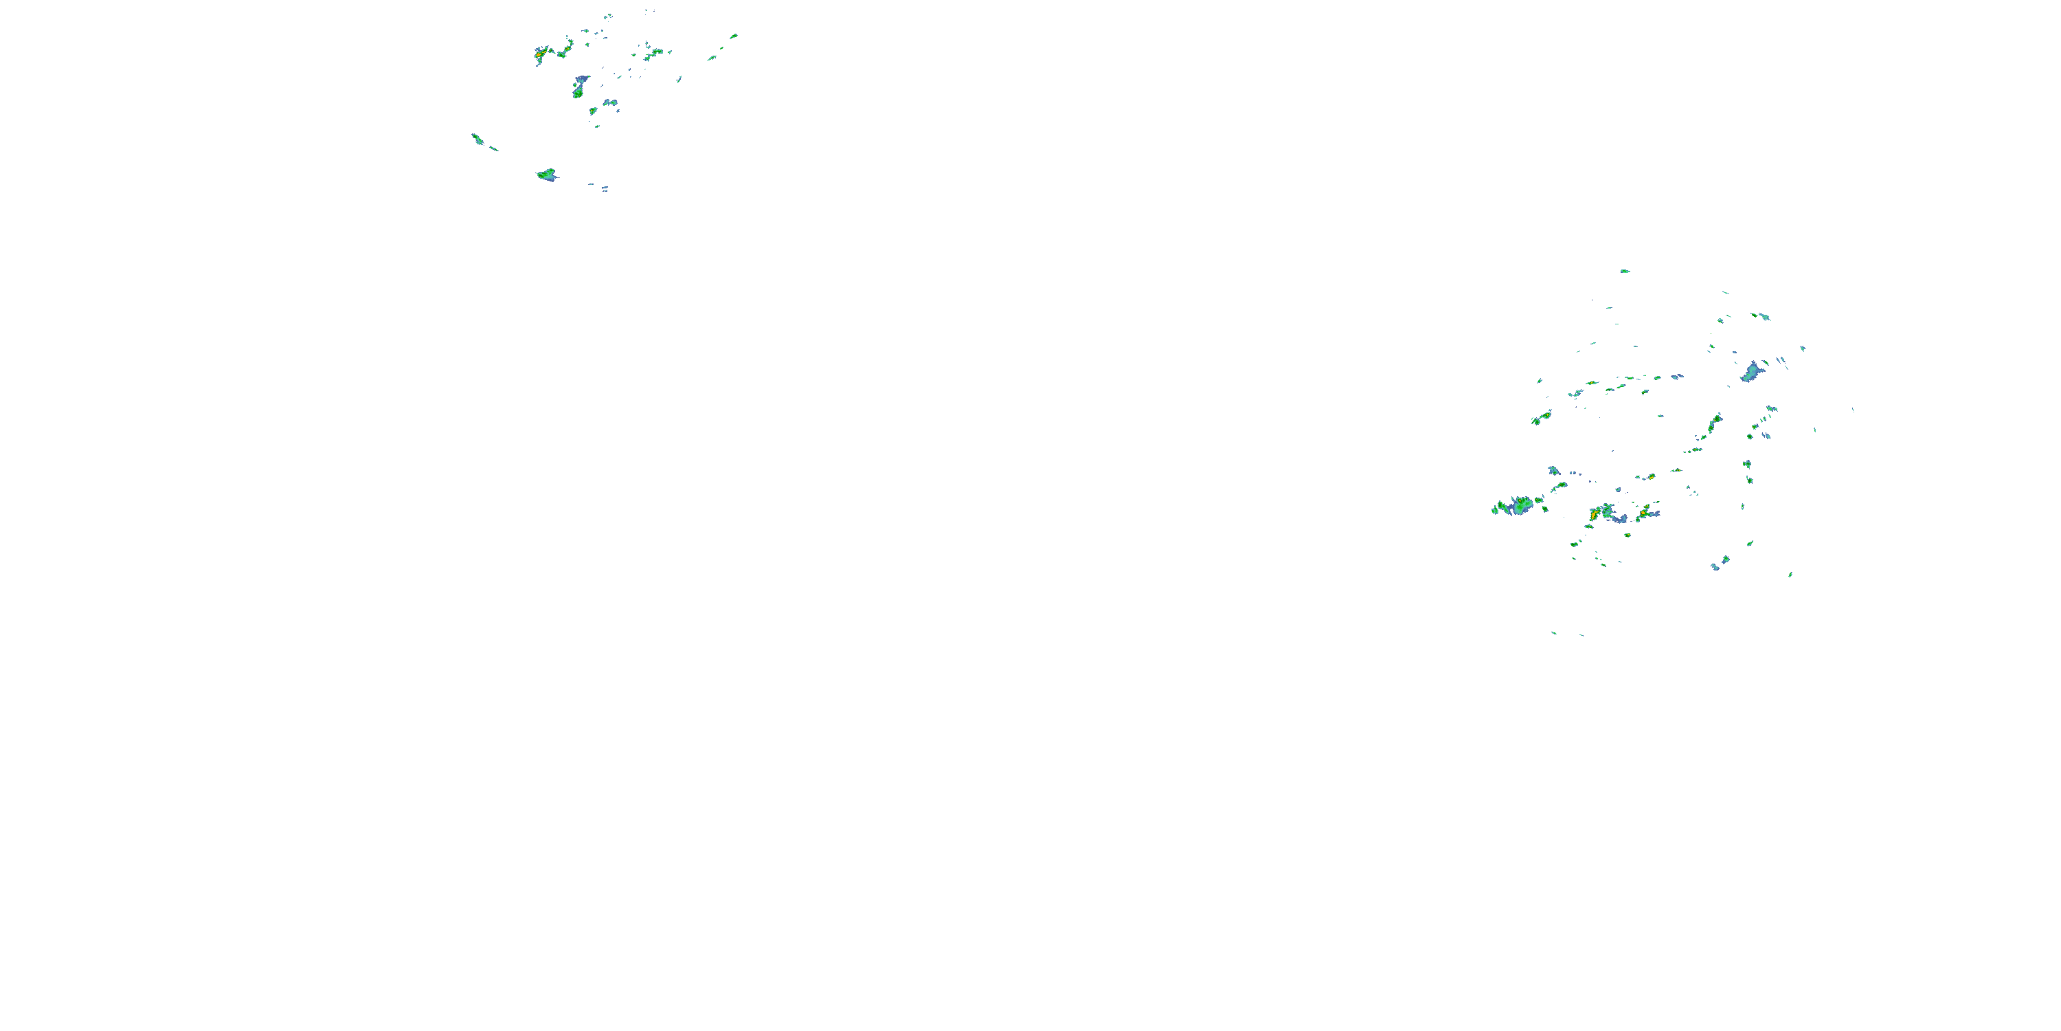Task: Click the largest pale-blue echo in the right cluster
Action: coord(1751,373)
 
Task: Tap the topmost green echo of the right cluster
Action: coord(1625,271)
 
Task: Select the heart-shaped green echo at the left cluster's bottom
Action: coord(548,175)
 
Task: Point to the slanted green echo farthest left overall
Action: coord(477,140)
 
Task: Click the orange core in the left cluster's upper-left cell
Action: coord(541,54)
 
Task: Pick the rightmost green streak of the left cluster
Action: coord(733,36)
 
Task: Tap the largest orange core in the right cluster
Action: coord(1595,514)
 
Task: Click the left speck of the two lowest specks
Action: coord(1554,633)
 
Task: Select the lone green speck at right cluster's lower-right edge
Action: coord(1790,574)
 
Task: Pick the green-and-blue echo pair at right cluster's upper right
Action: coord(1761,316)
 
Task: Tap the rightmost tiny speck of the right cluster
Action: coord(1853,410)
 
